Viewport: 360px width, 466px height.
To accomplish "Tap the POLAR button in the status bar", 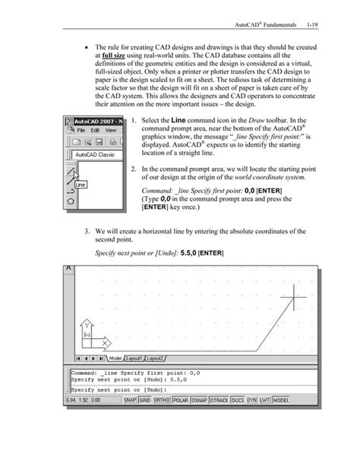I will (x=181, y=401).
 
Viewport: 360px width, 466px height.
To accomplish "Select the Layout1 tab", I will (x=134, y=358).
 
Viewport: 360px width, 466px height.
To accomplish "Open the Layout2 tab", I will (x=156, y=358).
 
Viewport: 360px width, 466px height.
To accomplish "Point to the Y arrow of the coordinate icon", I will (x=86, y=325).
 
